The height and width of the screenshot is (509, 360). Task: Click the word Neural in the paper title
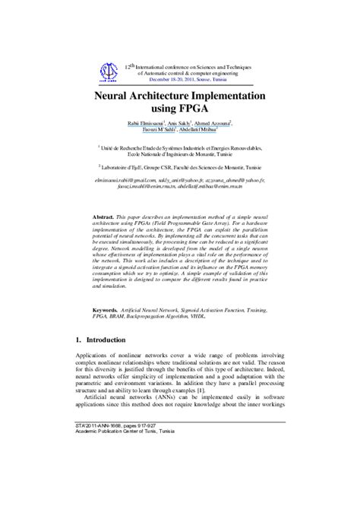115,98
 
